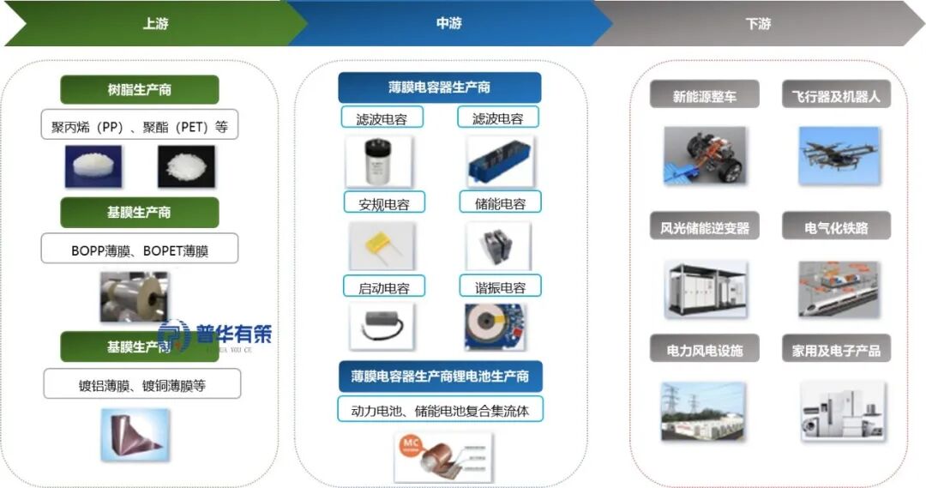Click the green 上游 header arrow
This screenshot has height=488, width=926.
pos(154,24)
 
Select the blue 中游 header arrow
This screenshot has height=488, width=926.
pos(448,24)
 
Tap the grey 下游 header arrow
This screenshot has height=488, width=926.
pos(759,24)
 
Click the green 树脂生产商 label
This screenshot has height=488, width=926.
pos(139,90)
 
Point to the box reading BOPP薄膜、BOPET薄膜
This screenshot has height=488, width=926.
pos(139,251)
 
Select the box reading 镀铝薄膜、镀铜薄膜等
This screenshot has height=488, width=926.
pos(141,385)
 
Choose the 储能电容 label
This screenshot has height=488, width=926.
pos(500,203)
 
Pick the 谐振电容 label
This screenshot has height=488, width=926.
pos(500,286)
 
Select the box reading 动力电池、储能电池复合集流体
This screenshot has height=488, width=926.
pos(440,410)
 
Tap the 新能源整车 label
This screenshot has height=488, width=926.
pos(704,96)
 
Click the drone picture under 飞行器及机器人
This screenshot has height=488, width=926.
pos(838,154)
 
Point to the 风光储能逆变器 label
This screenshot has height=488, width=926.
pos(704,228)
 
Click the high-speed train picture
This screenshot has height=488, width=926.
pos(838,286)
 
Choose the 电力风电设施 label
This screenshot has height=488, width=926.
pos(704,350)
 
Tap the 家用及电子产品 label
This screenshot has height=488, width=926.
pos(836,350)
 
